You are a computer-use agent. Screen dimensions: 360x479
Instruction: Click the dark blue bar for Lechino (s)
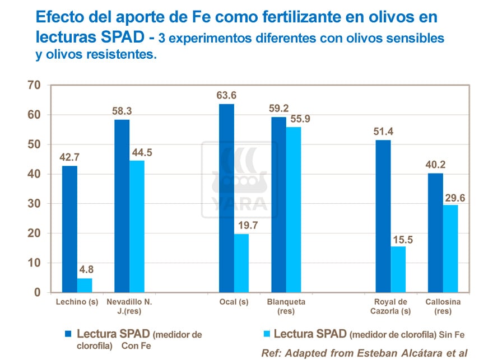[69, 229]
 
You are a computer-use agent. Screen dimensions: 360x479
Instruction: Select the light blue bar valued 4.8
[85, 285]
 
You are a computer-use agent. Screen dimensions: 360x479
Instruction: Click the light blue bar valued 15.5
[398, 269]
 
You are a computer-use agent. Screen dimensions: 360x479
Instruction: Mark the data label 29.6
[454, 197]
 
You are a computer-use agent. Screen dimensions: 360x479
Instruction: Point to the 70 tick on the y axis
[34, 85]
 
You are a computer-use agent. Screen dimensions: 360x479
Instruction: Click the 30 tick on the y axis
[34, 204]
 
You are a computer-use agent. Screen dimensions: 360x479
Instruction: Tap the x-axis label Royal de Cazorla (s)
[390, 306]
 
